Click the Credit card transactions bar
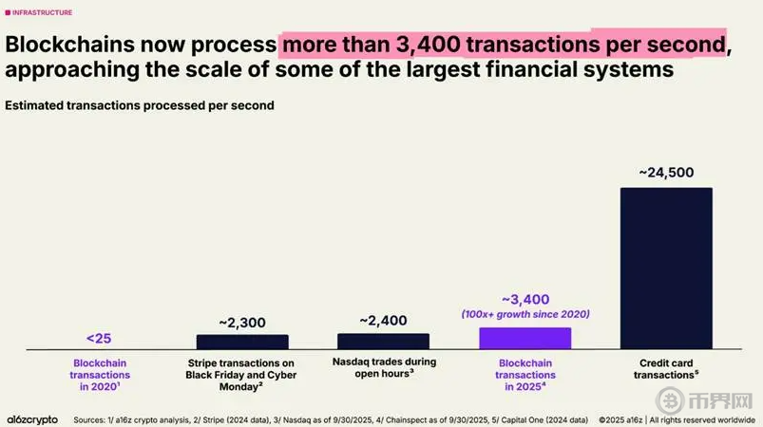click(x=666, y=269)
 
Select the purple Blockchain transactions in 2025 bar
click(x=525, y=339)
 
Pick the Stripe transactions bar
click(x=242, y=342)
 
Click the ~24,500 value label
click(x=666, y=172)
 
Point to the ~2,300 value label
click(x=242, y=322)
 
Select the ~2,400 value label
click(x=383, y=321)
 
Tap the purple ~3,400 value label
click(x=525, y=299)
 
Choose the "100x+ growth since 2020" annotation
click(x=525, y=314)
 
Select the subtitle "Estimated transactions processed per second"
click(x=140, y=105)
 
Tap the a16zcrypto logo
click(x=32, y=418)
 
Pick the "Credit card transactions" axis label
click(x=666, y=369)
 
